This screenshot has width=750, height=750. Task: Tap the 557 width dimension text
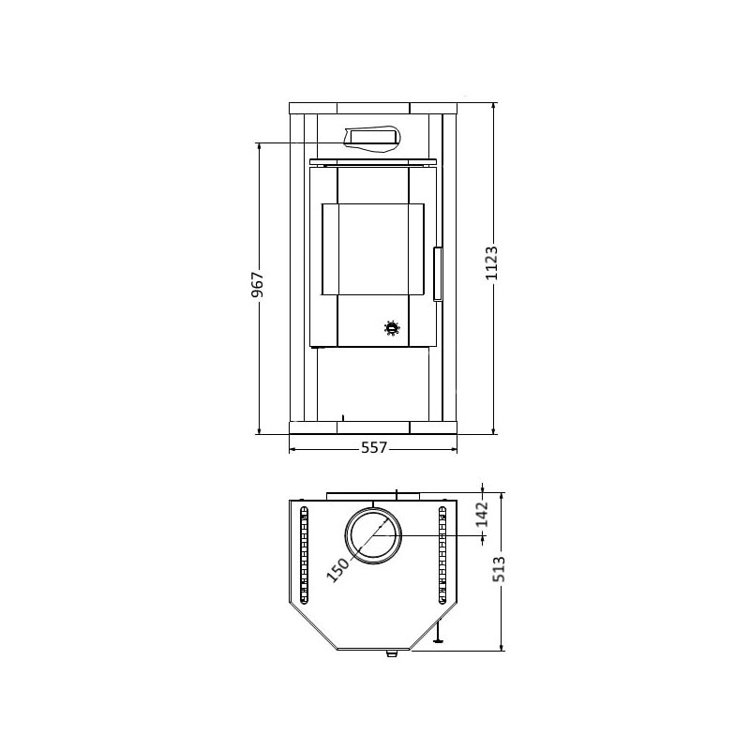click(x=374, y=448)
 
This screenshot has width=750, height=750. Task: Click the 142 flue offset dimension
click(x=482, y=514)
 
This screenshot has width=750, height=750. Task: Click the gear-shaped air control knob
click(x=391, y=327)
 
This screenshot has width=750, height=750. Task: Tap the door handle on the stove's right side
click(x=437, y=273)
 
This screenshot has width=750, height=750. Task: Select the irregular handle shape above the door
click(x=373, y=138)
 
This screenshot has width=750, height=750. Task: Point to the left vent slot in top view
click(x=304, y=556)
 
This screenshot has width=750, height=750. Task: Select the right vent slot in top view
click(x=442, y=556)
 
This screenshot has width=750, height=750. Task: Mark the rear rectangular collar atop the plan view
click(x=374, y=494)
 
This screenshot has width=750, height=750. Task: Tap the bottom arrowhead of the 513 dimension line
click(x=503, y=646)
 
